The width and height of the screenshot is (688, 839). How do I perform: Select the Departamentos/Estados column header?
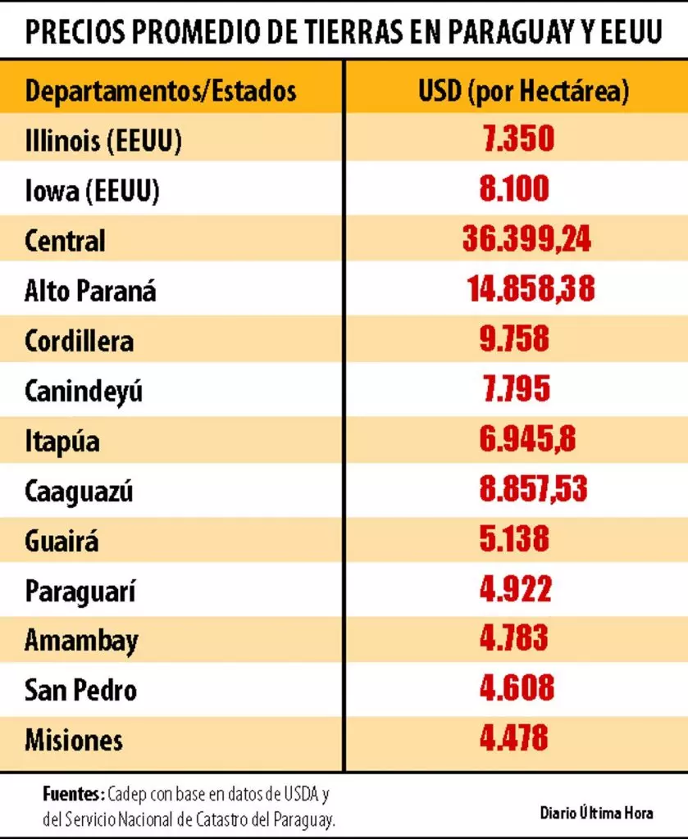coord(161,90)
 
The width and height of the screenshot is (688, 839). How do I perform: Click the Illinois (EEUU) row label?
coord(103,140)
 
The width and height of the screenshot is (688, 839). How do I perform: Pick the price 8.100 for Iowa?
coord(515,189)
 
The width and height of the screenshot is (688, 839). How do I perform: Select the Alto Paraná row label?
coord(90,290)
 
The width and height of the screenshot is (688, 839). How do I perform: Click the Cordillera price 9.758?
coord(514,339)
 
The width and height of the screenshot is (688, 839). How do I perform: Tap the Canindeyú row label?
coord(84,391)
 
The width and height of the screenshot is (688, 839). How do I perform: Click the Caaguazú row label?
coord(79,491)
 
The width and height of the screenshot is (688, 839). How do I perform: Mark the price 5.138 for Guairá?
coord(514,540)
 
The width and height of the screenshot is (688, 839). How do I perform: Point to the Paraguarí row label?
coord(80,591)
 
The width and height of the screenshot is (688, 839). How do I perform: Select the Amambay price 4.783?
coord(514,638)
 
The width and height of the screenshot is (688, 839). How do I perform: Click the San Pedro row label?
coord(80,689)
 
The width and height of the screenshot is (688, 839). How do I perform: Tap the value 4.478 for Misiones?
coord(514,738)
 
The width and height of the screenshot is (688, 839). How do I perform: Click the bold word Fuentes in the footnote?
coord(72,795)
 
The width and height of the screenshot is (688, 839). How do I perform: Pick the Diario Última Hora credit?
coord(596,813)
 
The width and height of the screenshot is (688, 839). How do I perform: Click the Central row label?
coord(66,241)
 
